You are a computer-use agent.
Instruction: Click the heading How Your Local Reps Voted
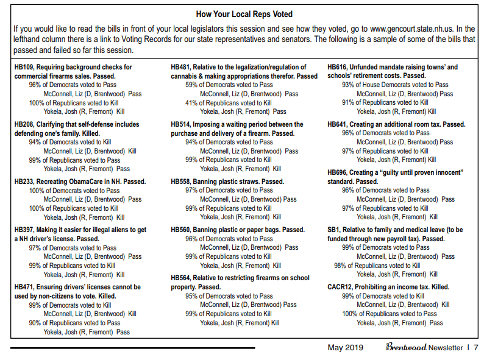pos(244,14)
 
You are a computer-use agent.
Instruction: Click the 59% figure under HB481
pos(192,85)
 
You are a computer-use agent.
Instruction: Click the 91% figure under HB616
pos(349,103)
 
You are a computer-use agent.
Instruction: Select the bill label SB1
pos(333,230)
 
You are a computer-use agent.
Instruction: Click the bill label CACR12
pos(340,287)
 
